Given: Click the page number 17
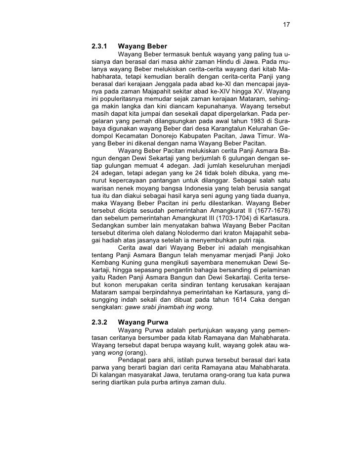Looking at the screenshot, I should (x=286, y=25).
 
